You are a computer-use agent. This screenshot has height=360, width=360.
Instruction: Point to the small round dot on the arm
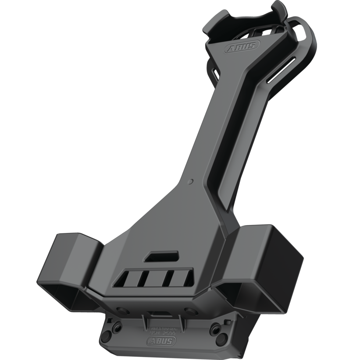[x=189, y=180]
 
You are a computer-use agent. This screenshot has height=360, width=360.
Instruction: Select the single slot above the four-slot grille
[x=163, y=256]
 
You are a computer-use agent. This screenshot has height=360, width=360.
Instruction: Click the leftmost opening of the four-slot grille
[x=126, y=278]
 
